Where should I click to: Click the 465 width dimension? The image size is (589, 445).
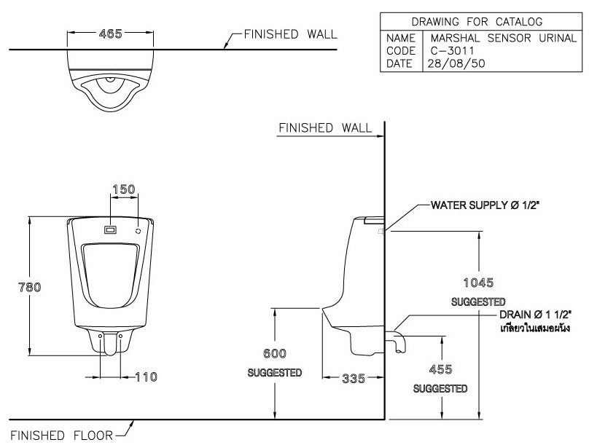(109, 34)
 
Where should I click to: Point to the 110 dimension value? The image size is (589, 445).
(146, 377)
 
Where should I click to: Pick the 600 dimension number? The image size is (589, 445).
(274, 353)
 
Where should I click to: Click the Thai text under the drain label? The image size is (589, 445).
(534, 329)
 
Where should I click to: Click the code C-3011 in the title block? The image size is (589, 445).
(452, 50)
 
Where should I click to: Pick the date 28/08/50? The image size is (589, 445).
(456, 63)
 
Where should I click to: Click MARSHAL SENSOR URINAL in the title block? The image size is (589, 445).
(502, 37)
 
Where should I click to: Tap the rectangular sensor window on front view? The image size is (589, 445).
(110, 229)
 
